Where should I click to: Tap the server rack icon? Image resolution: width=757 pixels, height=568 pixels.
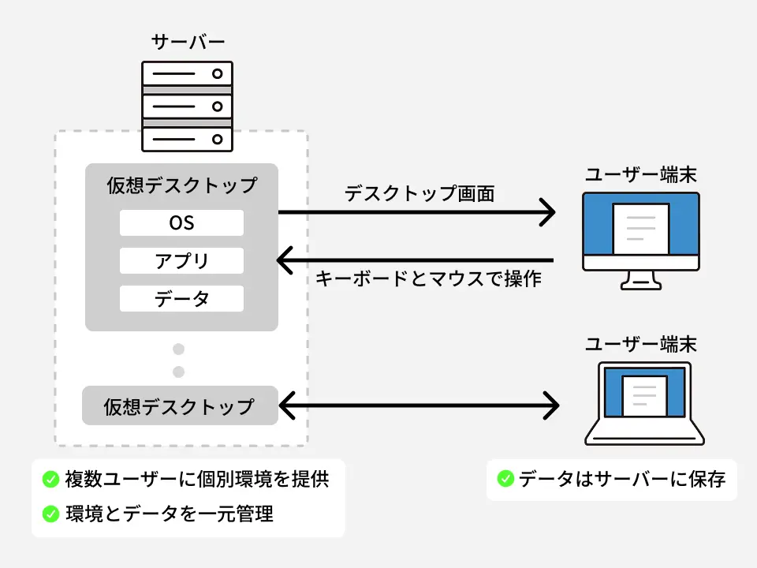pyautogui.click(x=187, y=106)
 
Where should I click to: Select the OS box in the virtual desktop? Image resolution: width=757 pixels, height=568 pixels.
pyautogui.click(x=181, y=223)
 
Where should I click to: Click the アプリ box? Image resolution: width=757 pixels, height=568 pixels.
pyautogui.click(x=181, y=261)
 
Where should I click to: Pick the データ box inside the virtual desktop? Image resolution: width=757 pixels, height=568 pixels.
pyautogui.click(x=181, y=299)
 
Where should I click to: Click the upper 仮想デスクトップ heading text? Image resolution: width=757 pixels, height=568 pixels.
pyautogui.click(x=181, y=185)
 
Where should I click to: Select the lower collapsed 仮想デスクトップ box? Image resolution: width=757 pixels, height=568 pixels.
pyautogui.click(x=180, y=406)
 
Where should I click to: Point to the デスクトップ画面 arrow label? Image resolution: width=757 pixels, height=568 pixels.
pyautogui.click(x=420, y=193)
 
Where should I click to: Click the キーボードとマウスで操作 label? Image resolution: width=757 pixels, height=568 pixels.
pyautogui.click(x=428, y=278)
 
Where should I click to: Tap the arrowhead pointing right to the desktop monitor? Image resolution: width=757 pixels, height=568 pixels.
pyautogui.click(x=547, y=212)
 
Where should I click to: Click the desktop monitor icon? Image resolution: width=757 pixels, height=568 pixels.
pyautogui.click(x=640, y=237)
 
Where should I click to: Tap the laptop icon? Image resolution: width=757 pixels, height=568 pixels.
pyautogui.click(x=644, y=404)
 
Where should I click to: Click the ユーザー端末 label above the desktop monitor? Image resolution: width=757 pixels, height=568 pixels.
pyautogui.click(x=640, y=174)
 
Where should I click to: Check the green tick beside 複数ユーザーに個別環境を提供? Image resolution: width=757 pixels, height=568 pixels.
pyautogui.click(x=51, y=479)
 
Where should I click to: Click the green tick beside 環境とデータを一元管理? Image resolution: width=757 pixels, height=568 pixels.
pyautogui.click(x=51, y=514)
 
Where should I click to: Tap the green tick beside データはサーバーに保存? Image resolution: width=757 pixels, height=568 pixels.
pyautogui.click(x=505, y=479)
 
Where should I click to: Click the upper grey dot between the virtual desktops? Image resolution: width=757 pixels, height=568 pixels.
pyautogui.click(x=179, y=349)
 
